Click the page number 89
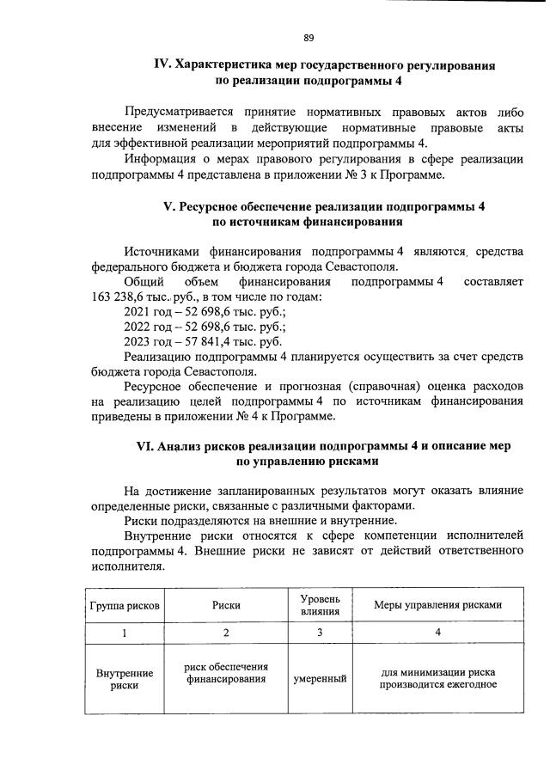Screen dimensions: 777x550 click(308, 38)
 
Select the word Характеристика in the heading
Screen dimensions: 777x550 click(223, 65)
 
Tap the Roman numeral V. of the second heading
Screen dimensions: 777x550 click(169, 207)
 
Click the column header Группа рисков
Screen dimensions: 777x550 click(125, 605)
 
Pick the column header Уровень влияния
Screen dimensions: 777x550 click(320, 605)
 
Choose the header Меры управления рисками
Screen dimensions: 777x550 click(437, 605)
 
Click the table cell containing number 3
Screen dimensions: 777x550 click(320, 633)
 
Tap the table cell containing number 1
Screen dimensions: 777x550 click(125, 633)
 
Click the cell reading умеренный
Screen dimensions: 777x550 click(320, 679)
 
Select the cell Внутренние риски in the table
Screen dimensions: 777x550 click(125, 679)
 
